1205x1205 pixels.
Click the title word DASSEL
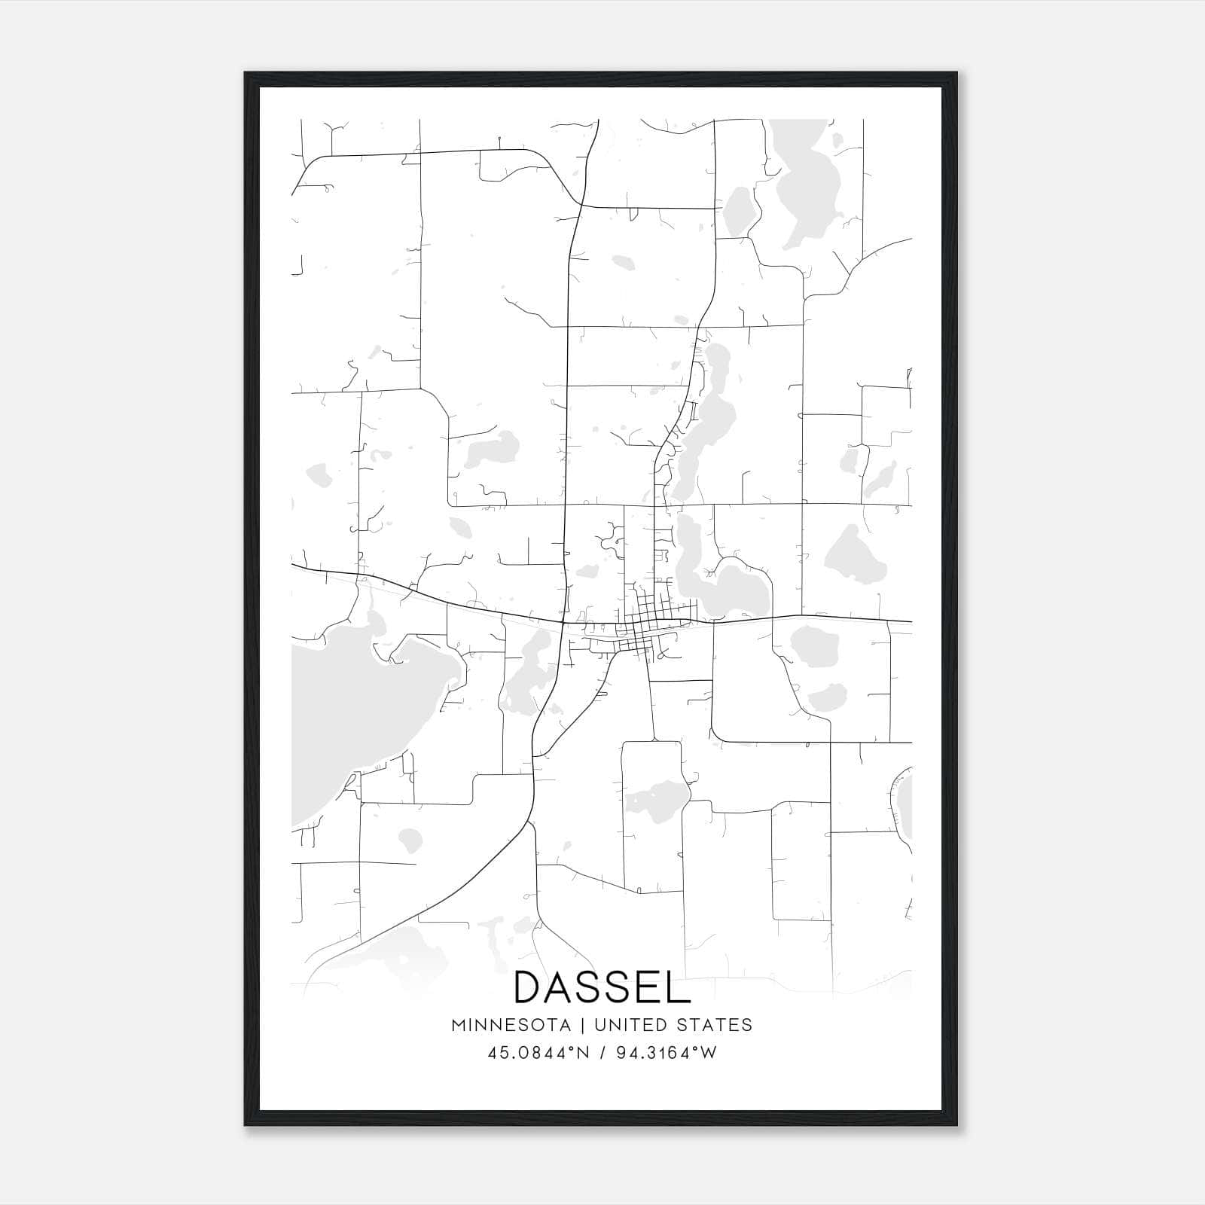(602, 987)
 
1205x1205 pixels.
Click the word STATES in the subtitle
(714, 1025)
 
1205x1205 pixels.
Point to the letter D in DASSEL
(527, 987)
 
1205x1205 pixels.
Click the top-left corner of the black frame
(246, 74)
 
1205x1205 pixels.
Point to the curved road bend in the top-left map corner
(309, 162)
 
